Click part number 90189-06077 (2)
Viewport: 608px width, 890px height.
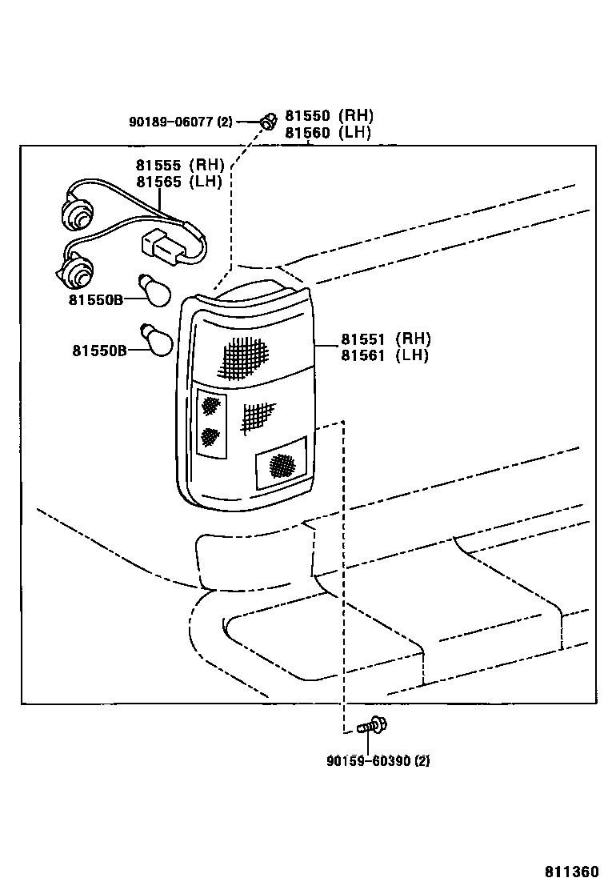[x=180, y=122]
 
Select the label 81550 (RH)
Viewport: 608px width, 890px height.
[x=329, y=116]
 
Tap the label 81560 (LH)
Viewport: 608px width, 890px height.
[x=328, y=133]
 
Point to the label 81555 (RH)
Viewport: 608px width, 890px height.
[x=180, y=165]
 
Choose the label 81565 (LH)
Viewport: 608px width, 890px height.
[x=178, y=182]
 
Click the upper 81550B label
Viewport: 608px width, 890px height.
[x=96, y=299]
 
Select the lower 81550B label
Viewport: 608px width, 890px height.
[x=99, y=351]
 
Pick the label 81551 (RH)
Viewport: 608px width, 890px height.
[x=386, y=339]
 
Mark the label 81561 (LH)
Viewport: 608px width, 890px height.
[x=385, y=355]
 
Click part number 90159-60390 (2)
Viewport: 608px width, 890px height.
[x=378, y=760]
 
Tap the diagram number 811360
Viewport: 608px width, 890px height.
[x=572, y=872]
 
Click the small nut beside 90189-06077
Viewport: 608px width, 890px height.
[x=267, y=121]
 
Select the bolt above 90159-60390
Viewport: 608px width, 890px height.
[x=372, y=725]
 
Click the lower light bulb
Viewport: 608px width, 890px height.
[x=155, y=339]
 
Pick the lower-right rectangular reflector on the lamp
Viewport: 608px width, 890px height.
[x=282, y=463]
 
